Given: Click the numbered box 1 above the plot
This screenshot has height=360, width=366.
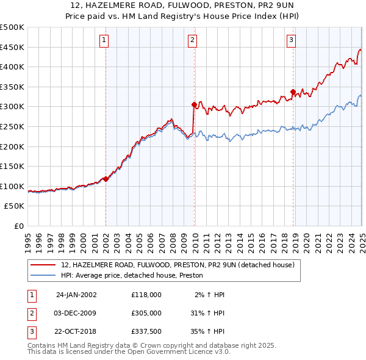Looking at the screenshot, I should pyautogui.click(x=104, y=41).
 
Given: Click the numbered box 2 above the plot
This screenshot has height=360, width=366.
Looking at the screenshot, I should pyautogui.click(x=192, y=41).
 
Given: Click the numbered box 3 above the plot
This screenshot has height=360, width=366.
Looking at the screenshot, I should pyautogui.click(x=291, y=41).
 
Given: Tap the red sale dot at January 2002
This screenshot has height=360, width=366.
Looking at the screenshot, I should pyautogui.click(x=106, y=179).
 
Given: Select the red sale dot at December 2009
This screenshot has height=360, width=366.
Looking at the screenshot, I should pyautogui.click(x=194, y=104).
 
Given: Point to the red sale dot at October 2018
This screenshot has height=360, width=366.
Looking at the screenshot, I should pyautogui.click(x=293, y=92).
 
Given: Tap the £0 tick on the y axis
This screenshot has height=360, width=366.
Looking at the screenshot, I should pyautogui.click(x=19, y=226).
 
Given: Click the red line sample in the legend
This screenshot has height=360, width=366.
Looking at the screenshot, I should pyautogui.click(x=43, y=265).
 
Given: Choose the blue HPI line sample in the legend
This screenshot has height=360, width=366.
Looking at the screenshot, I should pyautogui.click(x=43, y=276).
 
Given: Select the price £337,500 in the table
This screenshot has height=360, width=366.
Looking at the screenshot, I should pyautogui.click(x=146, y=333).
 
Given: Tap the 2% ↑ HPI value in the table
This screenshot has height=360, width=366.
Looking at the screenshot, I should pyautogui.click(x=210, y=294).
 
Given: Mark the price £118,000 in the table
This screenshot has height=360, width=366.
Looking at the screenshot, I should pyautogui.click(x=146, y=294).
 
